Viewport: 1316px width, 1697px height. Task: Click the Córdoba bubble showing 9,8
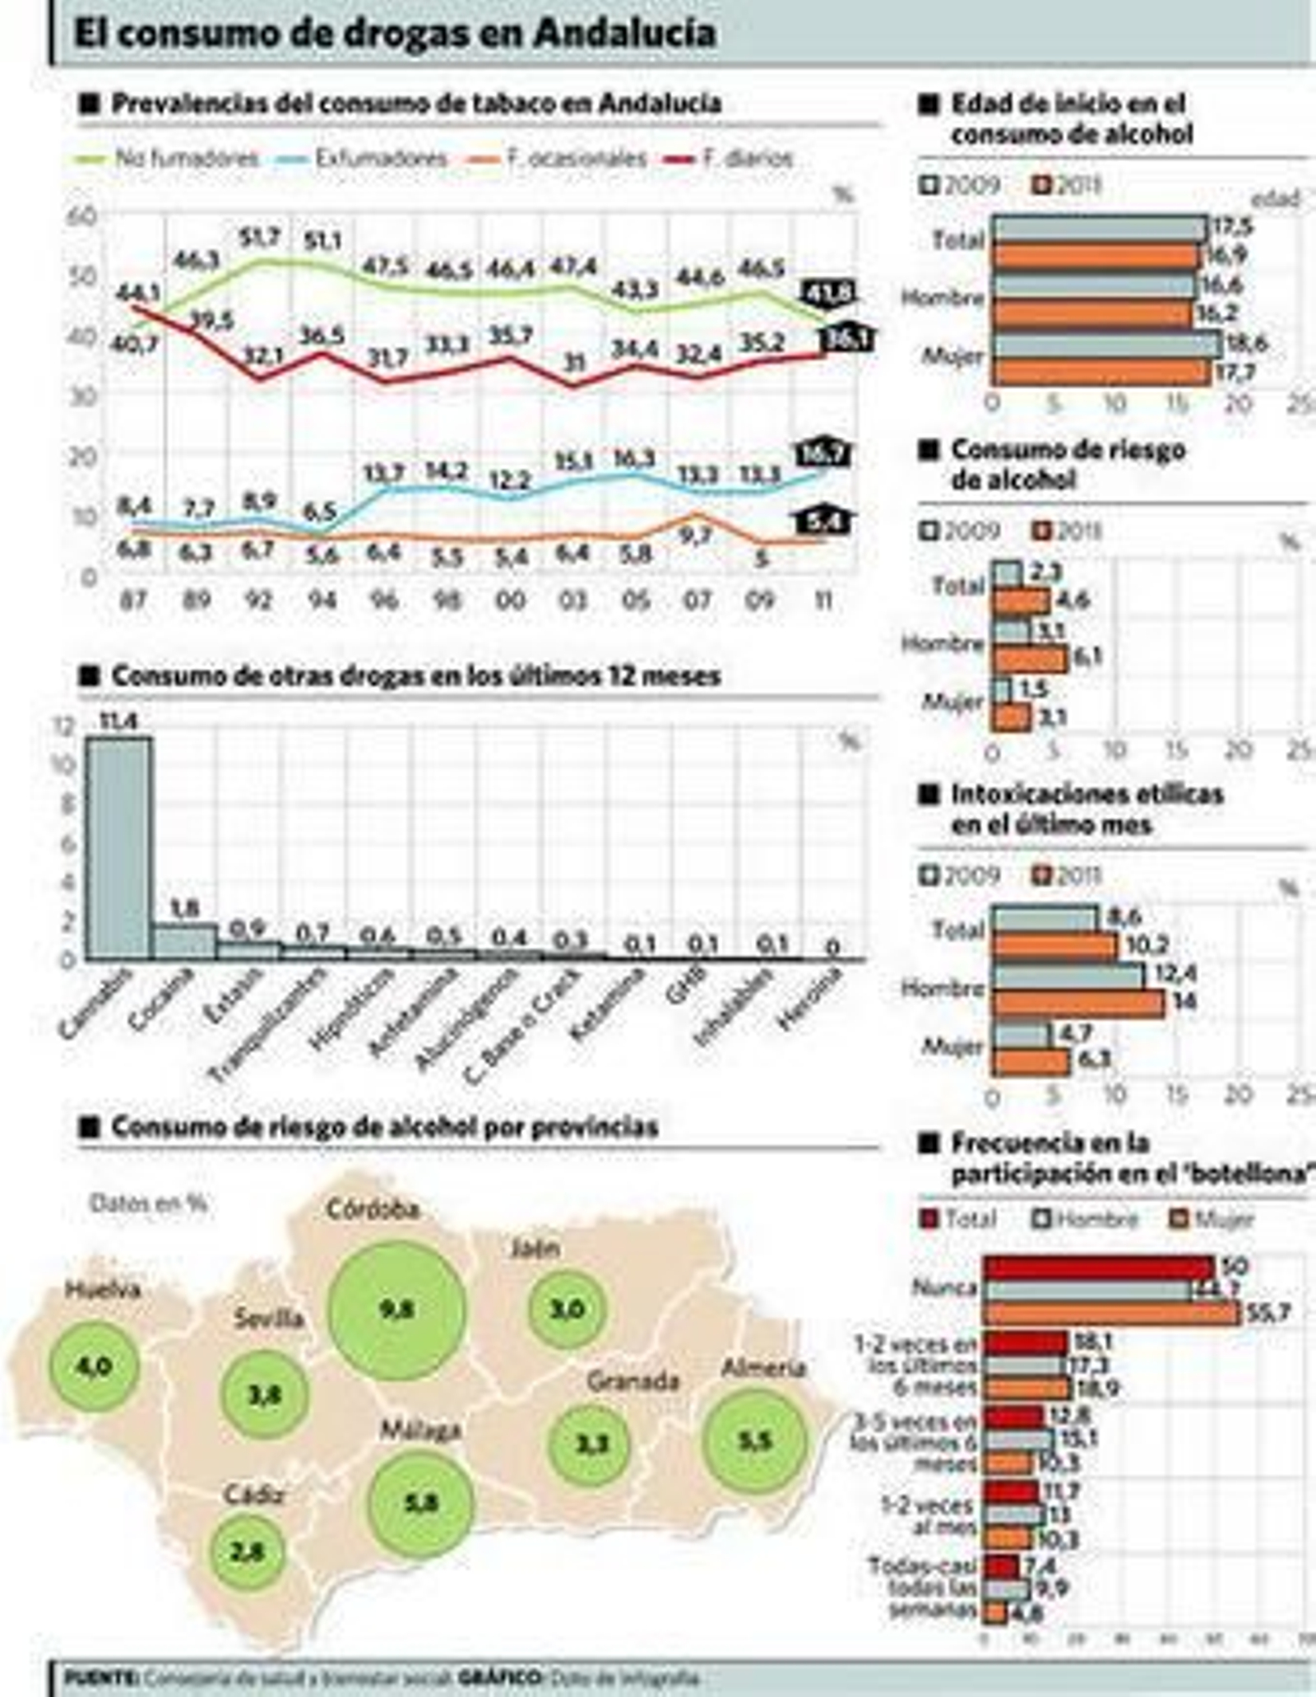397,1310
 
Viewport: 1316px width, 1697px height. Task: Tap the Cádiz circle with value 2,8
248,1551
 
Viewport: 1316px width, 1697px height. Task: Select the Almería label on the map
762,1368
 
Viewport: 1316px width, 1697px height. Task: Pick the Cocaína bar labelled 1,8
185,940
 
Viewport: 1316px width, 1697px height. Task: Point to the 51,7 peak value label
260,238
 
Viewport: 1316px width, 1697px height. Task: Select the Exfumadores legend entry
380,159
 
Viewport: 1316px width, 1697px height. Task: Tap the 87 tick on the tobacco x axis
133,600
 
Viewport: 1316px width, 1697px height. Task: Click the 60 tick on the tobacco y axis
87,216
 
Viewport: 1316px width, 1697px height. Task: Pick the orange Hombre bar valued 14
1077,1003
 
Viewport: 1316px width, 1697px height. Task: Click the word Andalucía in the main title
625,33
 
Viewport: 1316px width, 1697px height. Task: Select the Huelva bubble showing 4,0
94,1366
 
